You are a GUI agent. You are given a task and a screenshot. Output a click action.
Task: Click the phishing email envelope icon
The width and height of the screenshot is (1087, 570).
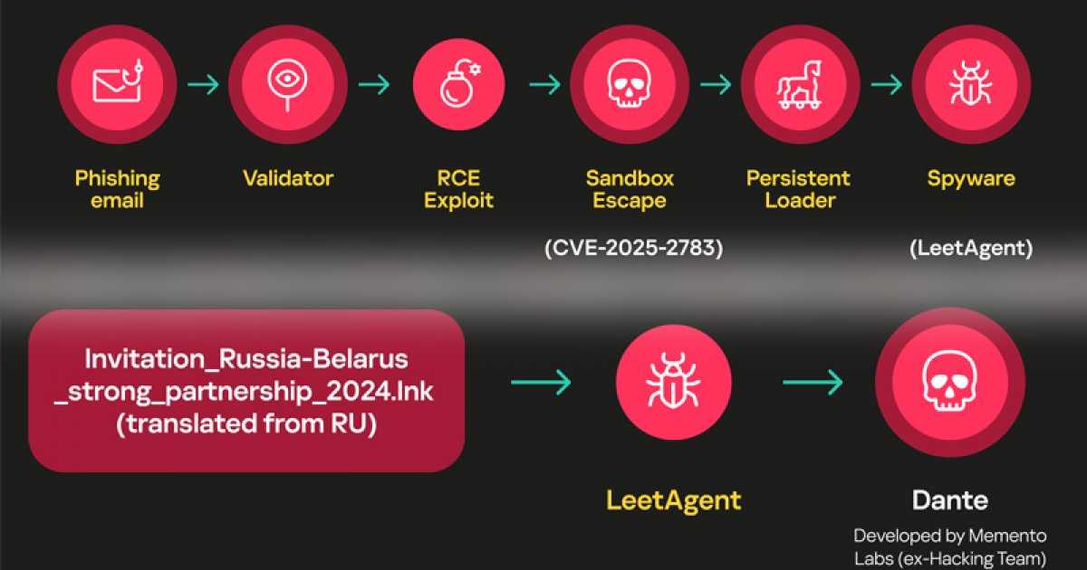116,84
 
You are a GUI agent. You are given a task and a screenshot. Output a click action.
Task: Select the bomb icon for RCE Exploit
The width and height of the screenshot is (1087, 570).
458,84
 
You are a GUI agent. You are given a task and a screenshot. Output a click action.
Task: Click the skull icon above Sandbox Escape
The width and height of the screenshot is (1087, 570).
630,84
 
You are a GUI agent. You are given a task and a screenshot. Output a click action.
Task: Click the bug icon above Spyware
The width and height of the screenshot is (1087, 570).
970,84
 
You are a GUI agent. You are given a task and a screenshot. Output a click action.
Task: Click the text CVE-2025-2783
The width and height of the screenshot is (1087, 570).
633,249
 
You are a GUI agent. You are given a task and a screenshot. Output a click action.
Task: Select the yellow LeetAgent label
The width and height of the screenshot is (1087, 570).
673,499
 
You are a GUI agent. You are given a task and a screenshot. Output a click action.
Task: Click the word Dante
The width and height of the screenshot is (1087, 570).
949,499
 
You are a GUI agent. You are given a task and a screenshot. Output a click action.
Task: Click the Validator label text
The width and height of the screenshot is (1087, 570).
287,178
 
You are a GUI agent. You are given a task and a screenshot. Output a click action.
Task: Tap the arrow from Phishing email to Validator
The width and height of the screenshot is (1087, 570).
202,85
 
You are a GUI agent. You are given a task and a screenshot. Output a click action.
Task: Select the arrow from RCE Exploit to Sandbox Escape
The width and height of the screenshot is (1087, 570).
544,85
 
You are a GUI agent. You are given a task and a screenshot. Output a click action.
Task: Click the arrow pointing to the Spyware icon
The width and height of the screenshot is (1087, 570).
886,85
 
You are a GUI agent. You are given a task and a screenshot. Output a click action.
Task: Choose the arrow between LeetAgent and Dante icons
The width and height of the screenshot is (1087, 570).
812,383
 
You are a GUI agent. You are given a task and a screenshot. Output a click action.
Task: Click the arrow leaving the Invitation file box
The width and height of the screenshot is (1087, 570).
540,383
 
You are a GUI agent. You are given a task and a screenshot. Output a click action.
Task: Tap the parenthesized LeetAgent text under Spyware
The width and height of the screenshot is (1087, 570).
970,249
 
